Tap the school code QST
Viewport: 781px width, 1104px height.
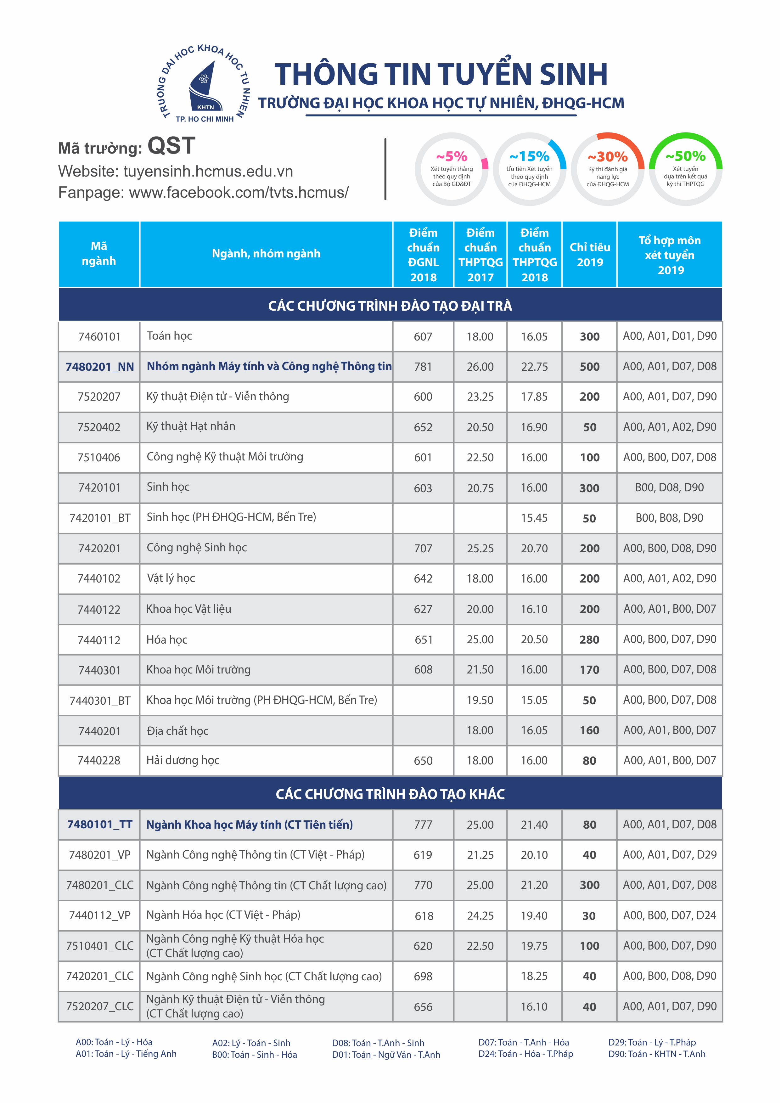[171, 146]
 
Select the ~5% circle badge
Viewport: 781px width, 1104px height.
[452, 169]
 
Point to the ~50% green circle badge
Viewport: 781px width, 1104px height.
[685, 169]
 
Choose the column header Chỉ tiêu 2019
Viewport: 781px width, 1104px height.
[590, 254]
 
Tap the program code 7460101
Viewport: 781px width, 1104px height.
[99, 337]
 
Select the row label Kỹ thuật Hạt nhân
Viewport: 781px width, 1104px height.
[191, 426]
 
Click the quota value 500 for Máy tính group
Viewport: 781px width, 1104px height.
[590, 367]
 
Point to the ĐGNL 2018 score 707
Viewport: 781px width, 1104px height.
[423, 548]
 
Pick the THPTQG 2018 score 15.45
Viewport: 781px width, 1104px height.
[534, 518]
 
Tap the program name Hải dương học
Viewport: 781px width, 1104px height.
[183, 760]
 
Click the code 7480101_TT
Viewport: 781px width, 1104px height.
[99, 825]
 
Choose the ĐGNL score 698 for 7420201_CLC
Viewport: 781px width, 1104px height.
[423, 976]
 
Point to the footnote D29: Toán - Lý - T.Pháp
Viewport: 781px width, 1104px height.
[652, 1042]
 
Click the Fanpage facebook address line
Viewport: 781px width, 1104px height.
[203, 192]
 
